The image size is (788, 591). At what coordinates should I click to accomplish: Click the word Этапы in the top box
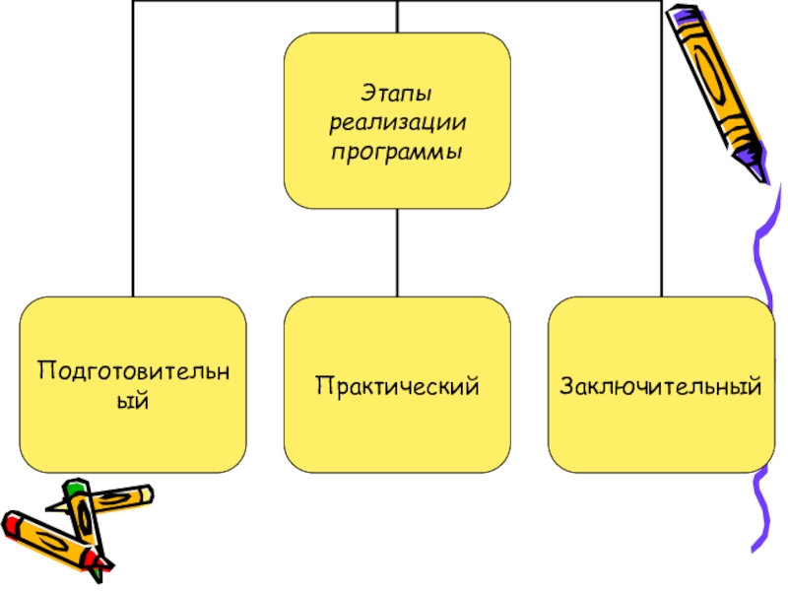point(397,95)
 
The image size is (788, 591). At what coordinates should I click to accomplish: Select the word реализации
point(397,124)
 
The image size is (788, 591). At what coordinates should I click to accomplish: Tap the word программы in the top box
point(397,154)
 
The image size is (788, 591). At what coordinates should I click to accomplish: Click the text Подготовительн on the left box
point(134,372)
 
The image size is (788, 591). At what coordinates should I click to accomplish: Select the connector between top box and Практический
point(397,252)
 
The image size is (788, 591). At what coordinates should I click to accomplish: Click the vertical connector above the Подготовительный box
point(134,148)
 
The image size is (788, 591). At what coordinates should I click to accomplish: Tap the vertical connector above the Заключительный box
point(661,148)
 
